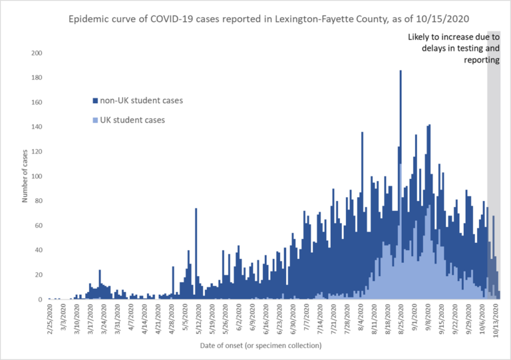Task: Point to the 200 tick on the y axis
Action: [x=37, y=53]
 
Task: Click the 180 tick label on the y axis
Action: [x=37, y=78]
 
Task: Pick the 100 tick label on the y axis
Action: [x=37, y=176]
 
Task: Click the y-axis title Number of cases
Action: [x=24, y=176]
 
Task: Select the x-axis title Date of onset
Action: [x=260, y=345]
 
